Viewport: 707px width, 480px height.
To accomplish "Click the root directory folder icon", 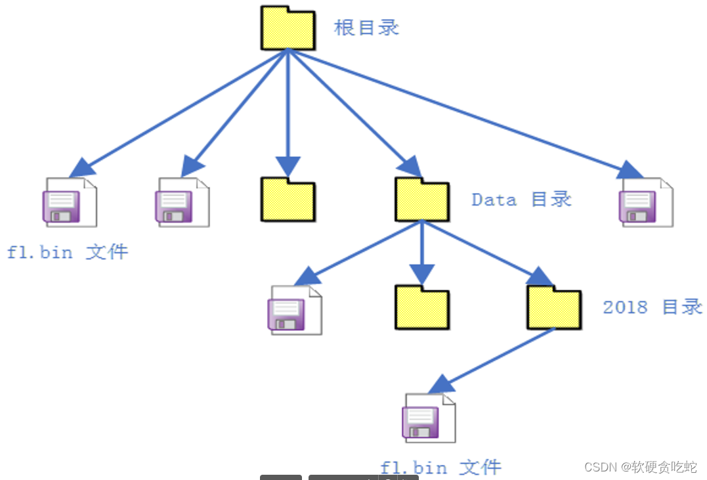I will pyautogui.click(x=287, y=28).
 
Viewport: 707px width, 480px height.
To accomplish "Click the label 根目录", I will pyautogui.click(x=366, y=28).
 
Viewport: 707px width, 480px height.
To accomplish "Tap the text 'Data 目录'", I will pyautogui.click(x=521, y=199).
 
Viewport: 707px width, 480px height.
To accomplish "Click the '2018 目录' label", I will pyautogui.click(x=653, y=307).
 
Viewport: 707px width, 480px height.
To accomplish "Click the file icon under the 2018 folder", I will pyautogui.click(x=428, y=418).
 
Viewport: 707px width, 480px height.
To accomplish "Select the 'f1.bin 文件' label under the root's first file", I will pyautogui.click(x=68, y=252).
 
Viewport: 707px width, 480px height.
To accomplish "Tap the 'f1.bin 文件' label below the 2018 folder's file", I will pyautogui.click(x=440, y=468).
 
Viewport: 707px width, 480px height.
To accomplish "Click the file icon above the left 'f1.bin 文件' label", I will pyautogui.click(x=69, y=202).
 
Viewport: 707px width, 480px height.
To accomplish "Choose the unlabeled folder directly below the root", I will pyautogui.click(x=288, y=199).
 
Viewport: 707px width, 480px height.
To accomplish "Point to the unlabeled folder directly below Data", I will pyautogui.click(x=422, y=307).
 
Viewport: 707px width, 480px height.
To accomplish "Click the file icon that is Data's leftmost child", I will pyautogui.click(x=295, y=310).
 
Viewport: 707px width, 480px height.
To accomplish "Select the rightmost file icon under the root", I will pyautogui.click(x=645, y=202).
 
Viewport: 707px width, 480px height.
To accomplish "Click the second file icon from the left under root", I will pyautogui.click(x=182, y=202).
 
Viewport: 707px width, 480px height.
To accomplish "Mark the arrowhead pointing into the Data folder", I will pyautogui.click(x=411, y=167).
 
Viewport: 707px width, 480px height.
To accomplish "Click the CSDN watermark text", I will pyautogui.click(x=639, y=467).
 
